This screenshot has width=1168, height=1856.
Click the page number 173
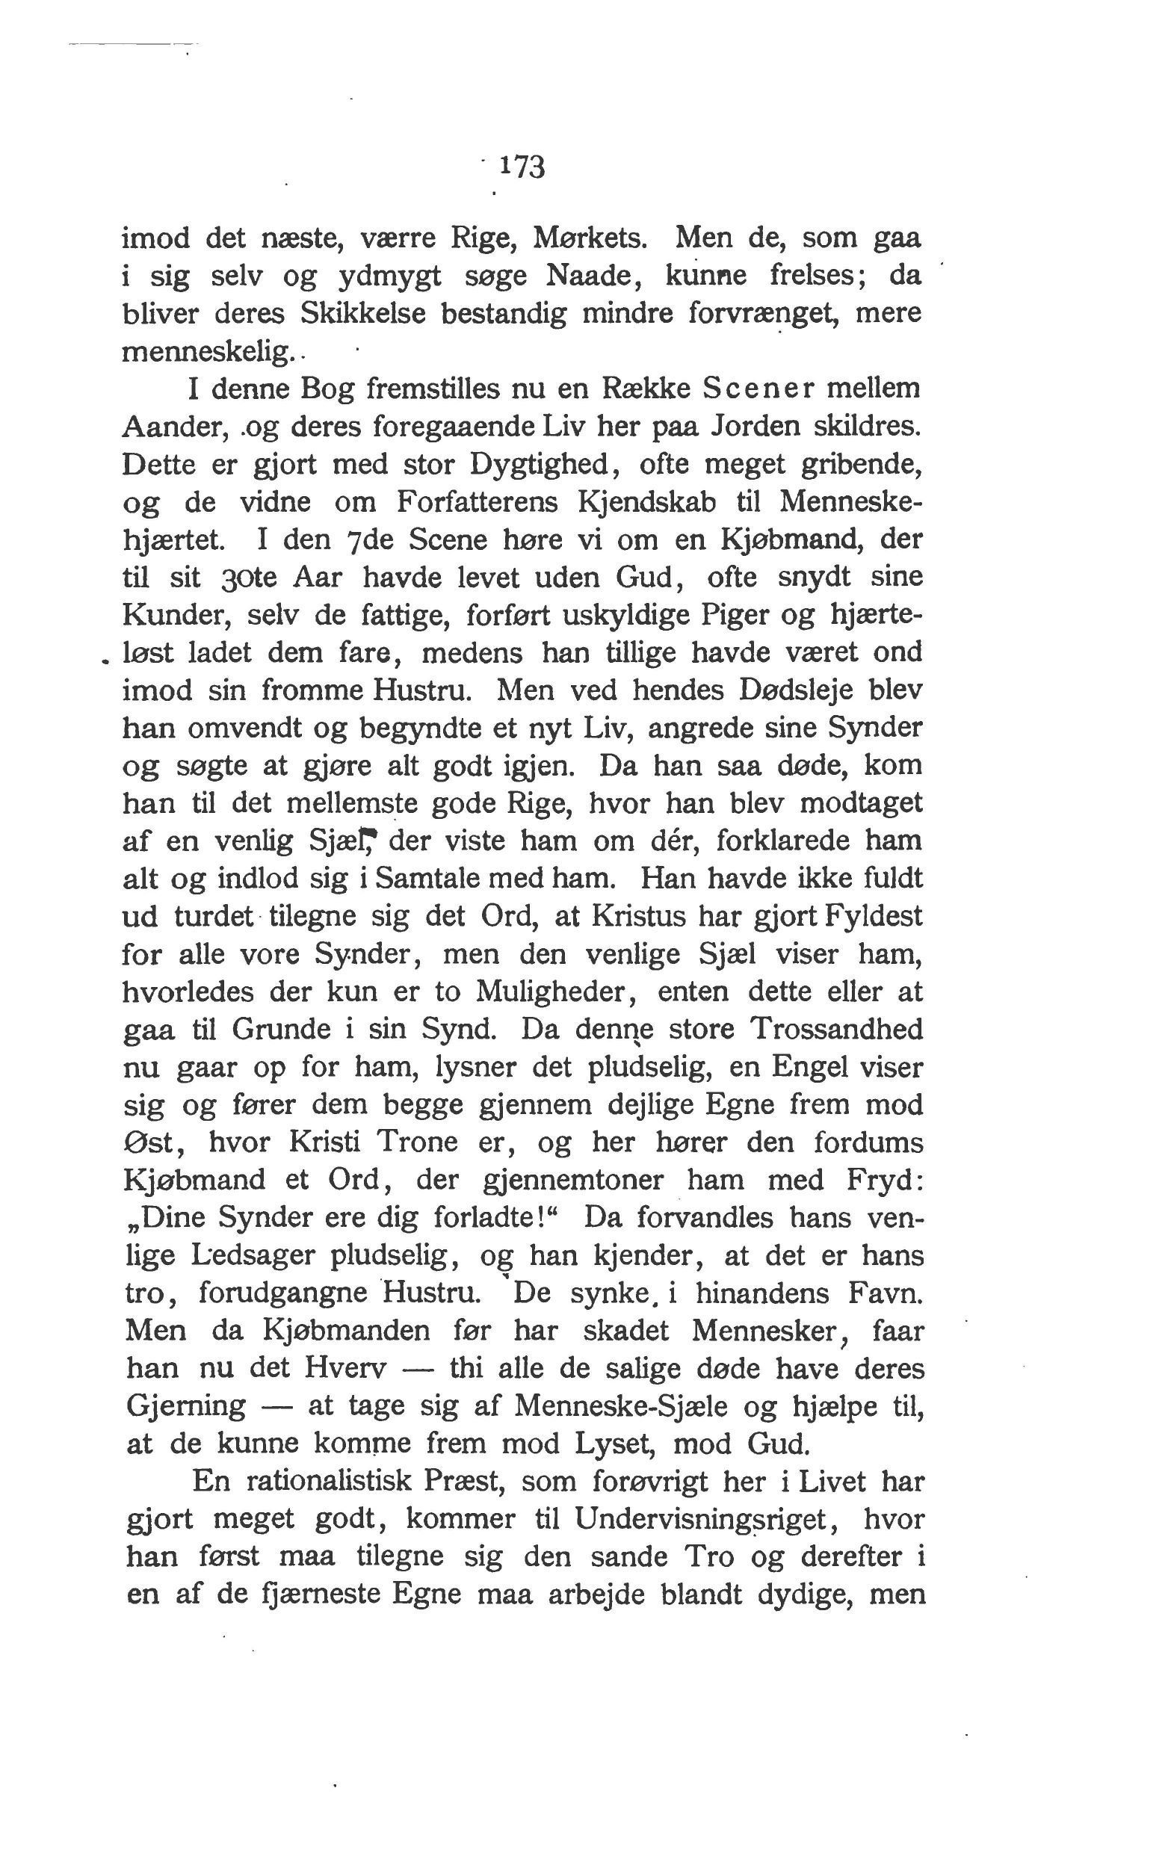522,167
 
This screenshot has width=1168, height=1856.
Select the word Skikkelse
362,313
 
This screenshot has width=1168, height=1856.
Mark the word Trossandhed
836,1030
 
